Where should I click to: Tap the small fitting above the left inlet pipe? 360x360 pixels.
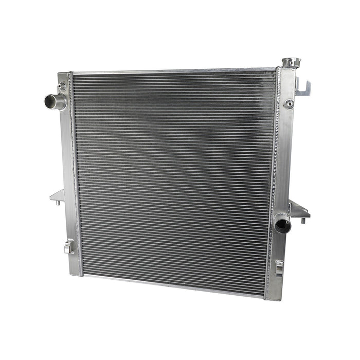62,86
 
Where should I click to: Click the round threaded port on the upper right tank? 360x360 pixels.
289,104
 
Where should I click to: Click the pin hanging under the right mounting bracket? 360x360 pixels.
302,221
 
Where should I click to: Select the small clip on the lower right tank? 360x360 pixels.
279,267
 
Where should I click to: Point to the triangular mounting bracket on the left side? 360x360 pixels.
57,196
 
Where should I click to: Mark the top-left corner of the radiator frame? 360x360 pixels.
60,74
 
